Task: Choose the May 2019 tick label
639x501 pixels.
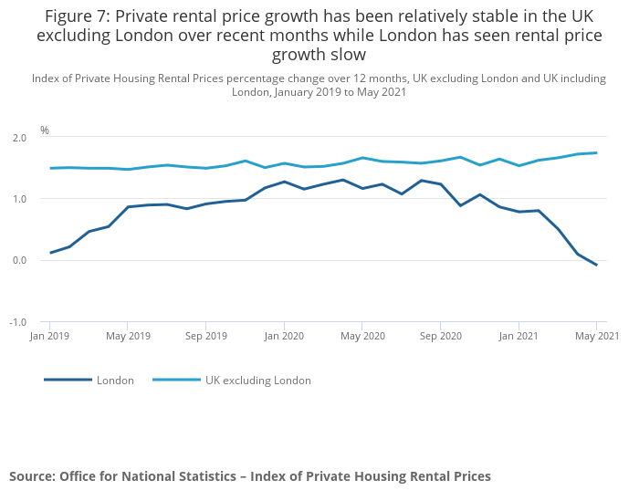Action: [128, 337]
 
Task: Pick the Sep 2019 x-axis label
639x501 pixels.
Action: [205, 337]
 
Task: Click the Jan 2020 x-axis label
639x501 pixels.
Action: [284, 337]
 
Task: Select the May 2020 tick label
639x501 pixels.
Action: [362, 337]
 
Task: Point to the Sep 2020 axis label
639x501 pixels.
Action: [440, 337]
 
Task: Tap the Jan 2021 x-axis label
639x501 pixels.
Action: [519, 337]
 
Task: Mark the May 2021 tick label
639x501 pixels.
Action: [596, 337]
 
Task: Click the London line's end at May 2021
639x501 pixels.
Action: [596, 266]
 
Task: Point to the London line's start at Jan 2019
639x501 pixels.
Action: [50, 253]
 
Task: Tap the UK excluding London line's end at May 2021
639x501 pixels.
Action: [596, 152]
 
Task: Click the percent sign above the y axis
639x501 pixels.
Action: [45, 130]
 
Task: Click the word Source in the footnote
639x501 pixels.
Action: [32, 476]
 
